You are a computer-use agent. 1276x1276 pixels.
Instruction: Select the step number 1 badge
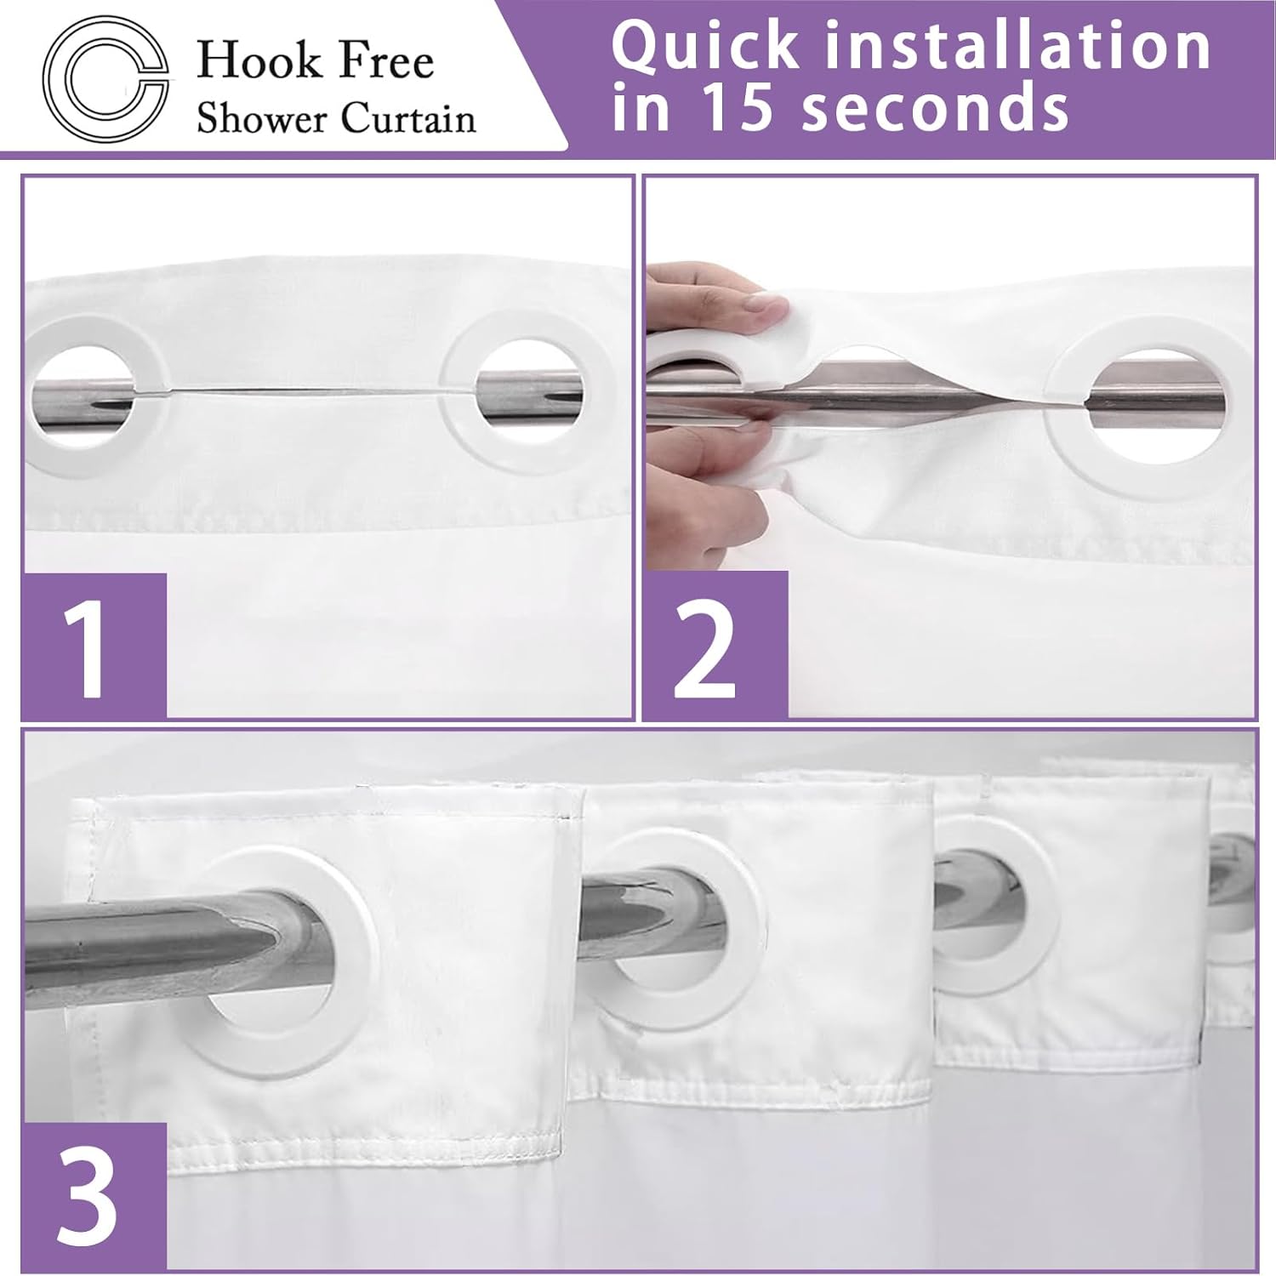click(94, 646)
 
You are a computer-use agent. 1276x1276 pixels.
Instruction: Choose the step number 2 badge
click(715, 646)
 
